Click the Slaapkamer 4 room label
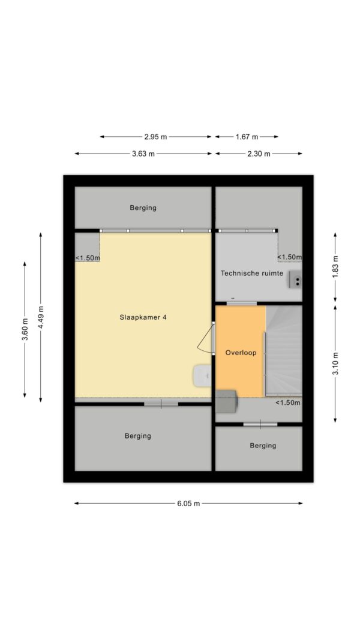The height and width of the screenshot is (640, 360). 143,317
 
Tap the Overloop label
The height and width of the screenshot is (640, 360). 241,353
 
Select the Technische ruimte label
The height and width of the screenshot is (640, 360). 252,274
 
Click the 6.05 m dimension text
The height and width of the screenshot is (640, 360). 188,503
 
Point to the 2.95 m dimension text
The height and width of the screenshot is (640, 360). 155,137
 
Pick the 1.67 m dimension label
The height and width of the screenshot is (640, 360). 247,137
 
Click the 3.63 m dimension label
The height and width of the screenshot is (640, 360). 143,154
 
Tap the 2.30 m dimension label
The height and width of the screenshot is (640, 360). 259,154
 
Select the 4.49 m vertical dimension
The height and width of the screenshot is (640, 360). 41,317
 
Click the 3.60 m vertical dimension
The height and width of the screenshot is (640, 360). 25,329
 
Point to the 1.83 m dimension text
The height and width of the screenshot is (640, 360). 335,267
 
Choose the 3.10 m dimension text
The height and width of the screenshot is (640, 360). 335,363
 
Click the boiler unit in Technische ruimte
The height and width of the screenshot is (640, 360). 296,280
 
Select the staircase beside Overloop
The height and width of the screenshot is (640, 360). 284,351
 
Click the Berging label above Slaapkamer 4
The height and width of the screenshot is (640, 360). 143,208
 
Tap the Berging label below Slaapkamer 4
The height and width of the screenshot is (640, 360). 138,436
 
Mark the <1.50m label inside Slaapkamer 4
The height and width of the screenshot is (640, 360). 88,257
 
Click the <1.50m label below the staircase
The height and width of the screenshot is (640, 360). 288,403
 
